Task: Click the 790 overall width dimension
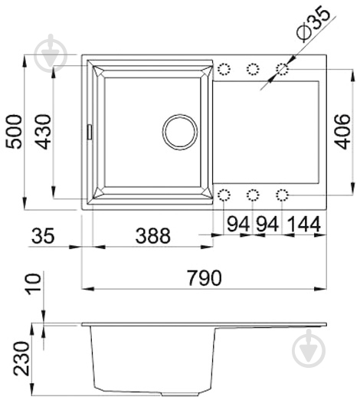pos(205,277)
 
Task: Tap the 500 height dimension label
pos(14,132)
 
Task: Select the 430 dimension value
pos(43,132)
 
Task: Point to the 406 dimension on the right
pos(342,132)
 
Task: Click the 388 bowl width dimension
pos(152,235)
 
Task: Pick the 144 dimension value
pos(304,224)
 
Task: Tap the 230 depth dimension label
pos(21,359)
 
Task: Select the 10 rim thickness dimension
pos(34,284)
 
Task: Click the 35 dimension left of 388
pos(43,235)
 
